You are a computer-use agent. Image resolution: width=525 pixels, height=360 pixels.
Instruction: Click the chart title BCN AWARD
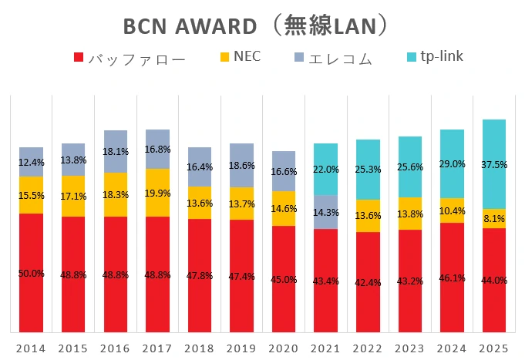point(190,26)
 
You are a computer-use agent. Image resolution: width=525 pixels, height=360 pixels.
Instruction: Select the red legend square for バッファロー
point(79,58)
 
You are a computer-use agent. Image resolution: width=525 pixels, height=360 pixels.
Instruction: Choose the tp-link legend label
point(443,56)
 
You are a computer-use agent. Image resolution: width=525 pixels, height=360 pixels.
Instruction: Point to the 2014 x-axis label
point(31,348)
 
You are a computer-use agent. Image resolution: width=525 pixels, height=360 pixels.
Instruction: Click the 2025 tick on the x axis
point(494,348)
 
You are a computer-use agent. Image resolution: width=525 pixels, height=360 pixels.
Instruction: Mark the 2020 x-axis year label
point(283,348)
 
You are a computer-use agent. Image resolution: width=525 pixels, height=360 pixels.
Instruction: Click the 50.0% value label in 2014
point(31,274)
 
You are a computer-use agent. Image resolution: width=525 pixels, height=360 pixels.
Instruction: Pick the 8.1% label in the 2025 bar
point(494,219)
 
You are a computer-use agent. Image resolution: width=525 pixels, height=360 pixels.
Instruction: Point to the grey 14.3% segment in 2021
point(325,212)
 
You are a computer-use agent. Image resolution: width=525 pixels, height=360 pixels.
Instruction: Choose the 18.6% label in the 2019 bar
point(241,166)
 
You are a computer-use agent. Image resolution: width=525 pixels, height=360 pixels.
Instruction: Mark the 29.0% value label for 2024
point(452,164)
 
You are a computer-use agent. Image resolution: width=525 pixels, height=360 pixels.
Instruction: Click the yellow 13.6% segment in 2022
point(368,215)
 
